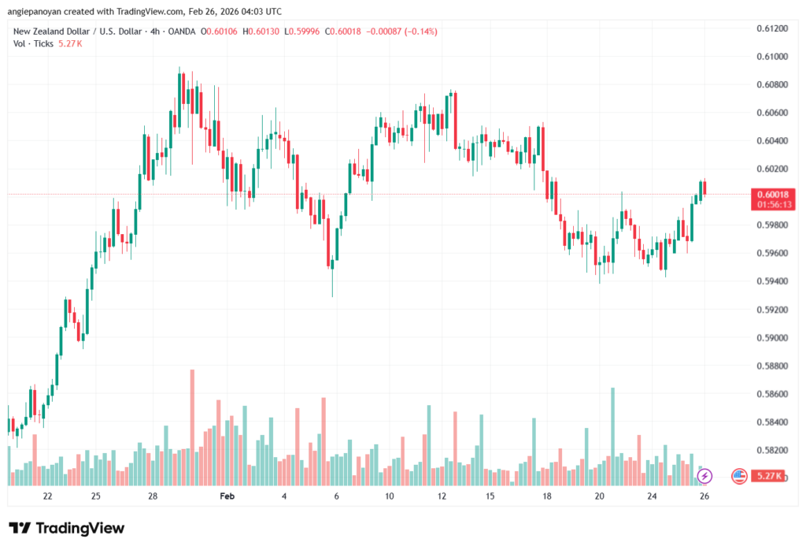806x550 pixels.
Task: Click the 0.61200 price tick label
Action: coord(770,28)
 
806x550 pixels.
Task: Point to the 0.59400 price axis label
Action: coord(770,281)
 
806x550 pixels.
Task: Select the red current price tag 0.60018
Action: coord(770,194)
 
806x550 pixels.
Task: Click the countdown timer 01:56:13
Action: coord(770,204)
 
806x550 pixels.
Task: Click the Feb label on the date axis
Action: coord(227,496)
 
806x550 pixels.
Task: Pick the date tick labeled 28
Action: coord(153,496)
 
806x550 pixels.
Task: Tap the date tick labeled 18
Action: coord(547,496)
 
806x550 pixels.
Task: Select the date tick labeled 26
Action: coord(704,496)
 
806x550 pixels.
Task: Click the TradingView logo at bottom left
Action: coord(66,528)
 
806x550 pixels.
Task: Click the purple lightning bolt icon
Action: coord(704,475)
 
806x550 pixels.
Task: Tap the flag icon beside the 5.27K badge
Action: coord(739,475)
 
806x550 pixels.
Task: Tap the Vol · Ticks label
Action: coord(33,43)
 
